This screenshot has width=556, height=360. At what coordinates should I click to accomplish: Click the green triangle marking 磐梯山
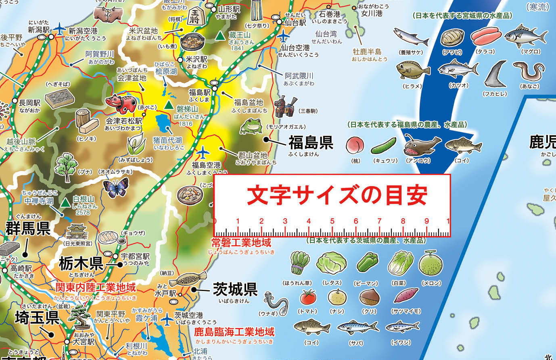point(169,106)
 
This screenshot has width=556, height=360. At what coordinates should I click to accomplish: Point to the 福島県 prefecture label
point(310,142)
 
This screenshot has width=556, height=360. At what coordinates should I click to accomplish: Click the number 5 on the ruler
point(332,221)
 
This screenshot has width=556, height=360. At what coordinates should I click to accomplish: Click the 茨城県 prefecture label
point(235,289)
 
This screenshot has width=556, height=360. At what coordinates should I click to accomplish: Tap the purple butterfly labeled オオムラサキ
point(115,188)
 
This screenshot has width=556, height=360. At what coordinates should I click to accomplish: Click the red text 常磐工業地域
point(241,243)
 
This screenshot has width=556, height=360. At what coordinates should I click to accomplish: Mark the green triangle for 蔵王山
point(220,36)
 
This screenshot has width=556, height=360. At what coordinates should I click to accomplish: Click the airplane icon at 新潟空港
point(59,29)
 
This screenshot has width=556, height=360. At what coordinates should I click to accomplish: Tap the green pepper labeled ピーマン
point(367,263)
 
